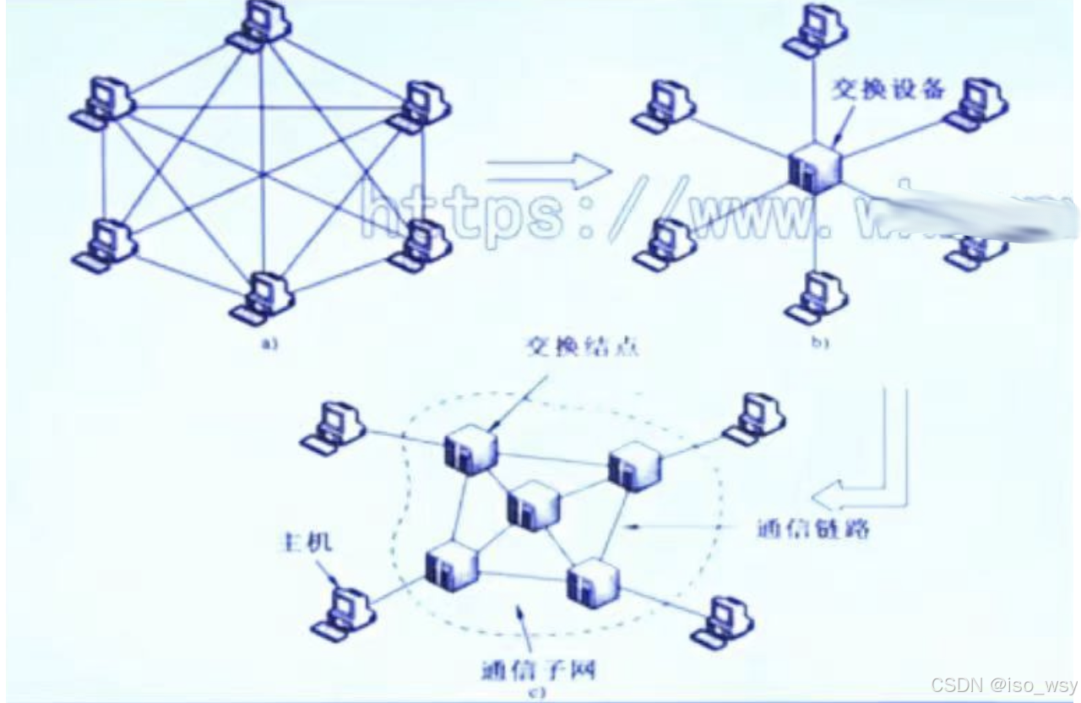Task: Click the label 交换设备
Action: (x=888, y=89)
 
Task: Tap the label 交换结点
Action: (x=581, y=346)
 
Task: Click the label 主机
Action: (x=304, y=541)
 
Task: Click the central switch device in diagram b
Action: (x=814, y=166)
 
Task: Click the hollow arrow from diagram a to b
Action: (x=549, y=172)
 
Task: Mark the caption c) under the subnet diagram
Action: (x=537, y=695)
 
